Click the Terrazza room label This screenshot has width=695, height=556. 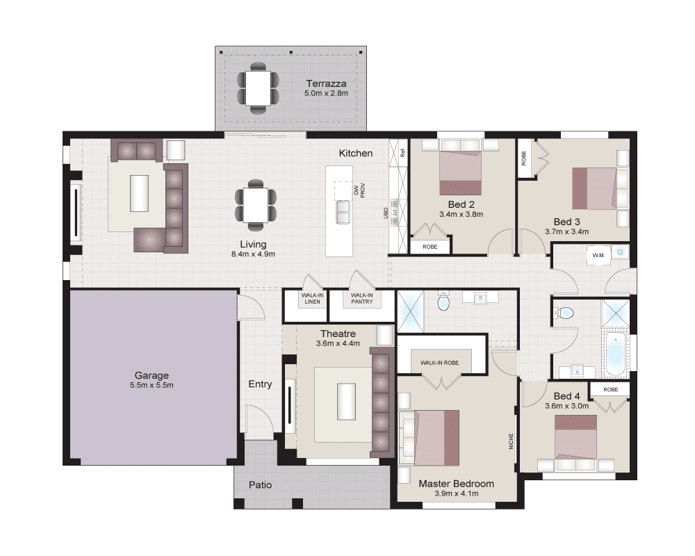[x=326, y=83]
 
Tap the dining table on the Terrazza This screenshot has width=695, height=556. [x=258, y=88]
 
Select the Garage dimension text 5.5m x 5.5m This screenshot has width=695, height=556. [x=152, y=385]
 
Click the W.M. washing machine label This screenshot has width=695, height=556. [x=598, y=255]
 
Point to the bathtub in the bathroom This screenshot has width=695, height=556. [x=615, y=354]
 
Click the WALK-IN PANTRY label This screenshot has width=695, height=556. [x=361, y=298]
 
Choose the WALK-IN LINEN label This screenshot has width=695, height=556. [x=313, y=298]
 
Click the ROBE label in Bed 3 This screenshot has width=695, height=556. [x=523, y=158]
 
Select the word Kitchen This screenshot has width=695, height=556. [x=355, y=153]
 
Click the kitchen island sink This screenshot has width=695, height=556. [x=343, y=212]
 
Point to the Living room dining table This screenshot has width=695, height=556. [x=256, y=205]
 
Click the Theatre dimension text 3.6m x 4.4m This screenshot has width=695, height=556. [x=338, y=343]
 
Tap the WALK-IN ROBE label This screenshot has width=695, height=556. [x=440, y=363]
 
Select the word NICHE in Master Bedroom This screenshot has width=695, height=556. [x=511, y=441]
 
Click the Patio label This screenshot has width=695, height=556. [x=260, y=484]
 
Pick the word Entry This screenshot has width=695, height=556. [x=260, y=384]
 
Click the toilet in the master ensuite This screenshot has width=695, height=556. [x=443, y=301]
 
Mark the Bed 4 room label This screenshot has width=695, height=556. [x=566, y=396]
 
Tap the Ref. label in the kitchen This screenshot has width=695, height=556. [x=402, y=152]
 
